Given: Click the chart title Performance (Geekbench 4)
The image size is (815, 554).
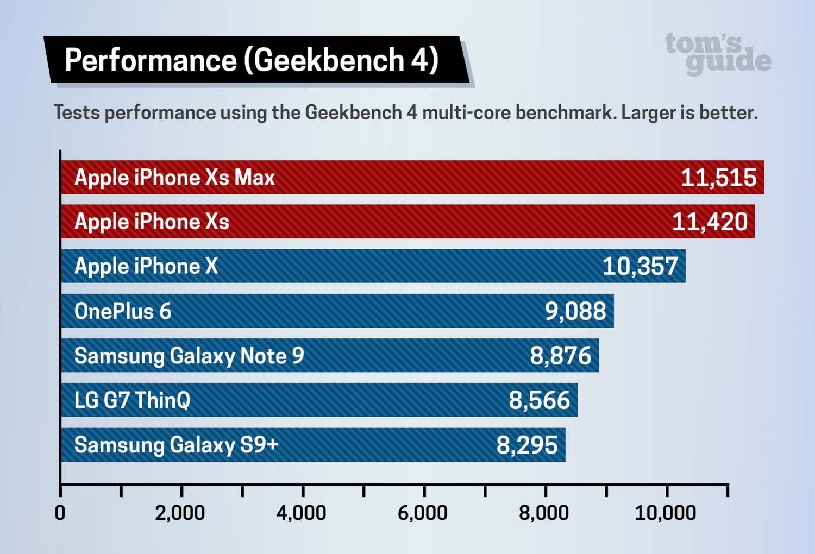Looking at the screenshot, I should click(251, 60).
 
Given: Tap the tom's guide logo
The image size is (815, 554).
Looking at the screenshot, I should click(717, 53).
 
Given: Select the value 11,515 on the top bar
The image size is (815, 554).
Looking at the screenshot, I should click(718, 178).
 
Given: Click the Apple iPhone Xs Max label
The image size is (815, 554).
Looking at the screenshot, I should click(174, 178).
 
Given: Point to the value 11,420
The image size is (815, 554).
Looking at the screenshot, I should click(710, 222).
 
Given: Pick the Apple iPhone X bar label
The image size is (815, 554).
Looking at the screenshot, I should click(146, 266).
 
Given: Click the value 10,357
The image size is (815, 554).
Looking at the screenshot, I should click(640, 266).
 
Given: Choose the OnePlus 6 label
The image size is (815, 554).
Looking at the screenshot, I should click(123, 311).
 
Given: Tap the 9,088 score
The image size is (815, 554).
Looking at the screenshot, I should click(575, 311).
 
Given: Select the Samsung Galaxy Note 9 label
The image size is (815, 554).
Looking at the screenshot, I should click(189, 356).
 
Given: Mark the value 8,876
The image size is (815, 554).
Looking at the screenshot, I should click(560, 356).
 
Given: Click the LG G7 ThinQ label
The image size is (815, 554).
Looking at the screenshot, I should click(132, 400).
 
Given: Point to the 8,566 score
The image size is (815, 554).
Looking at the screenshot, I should click(539, 400).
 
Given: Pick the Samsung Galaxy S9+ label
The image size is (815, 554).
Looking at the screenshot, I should click(176, 445).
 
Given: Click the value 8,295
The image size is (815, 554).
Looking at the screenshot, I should click(527, 445).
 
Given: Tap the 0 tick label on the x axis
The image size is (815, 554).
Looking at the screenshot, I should click(60, 513).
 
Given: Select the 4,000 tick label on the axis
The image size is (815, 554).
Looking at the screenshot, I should click(302, 513).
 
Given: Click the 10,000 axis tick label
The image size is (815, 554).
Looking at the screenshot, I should click(665, 513).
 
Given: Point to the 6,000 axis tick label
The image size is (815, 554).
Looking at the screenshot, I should click(423, 513).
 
